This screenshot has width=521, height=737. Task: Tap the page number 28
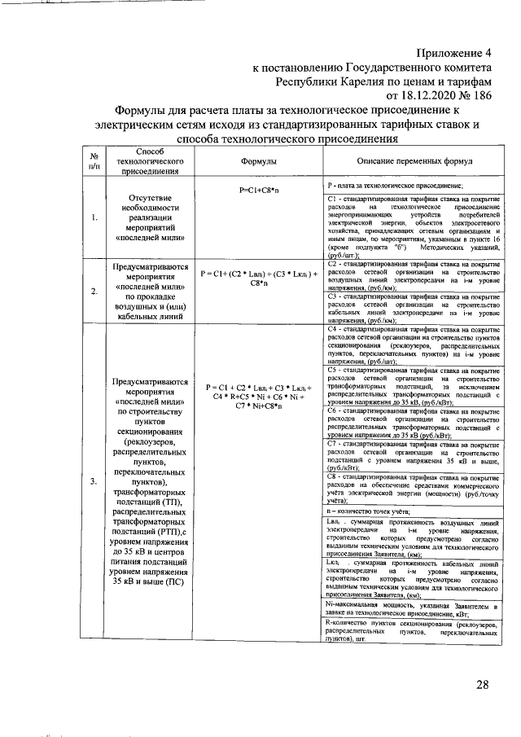pos(483,683)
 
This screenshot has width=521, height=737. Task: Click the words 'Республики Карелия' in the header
pos(329,82)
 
